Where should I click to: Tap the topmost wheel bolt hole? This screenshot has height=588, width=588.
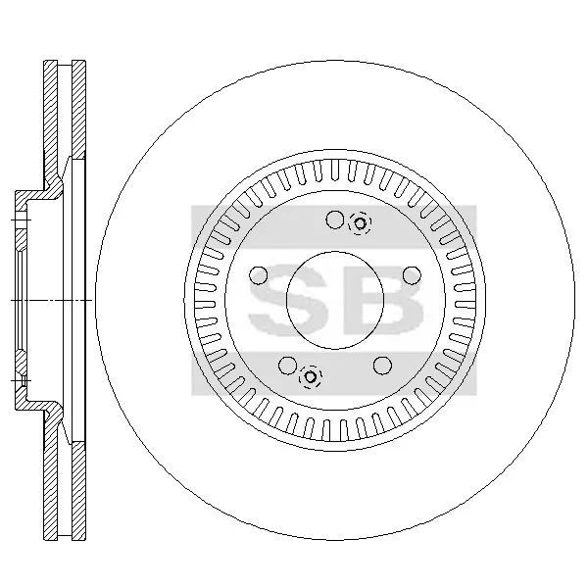335,220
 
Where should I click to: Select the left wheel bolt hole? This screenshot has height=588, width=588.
259,275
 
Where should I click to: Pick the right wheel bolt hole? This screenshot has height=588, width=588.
412,275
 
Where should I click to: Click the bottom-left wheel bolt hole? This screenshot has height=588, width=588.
288,366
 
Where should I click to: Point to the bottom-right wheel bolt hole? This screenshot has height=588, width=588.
383,366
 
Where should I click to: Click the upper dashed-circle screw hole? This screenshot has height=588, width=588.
360,223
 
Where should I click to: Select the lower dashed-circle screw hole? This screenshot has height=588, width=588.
311,376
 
